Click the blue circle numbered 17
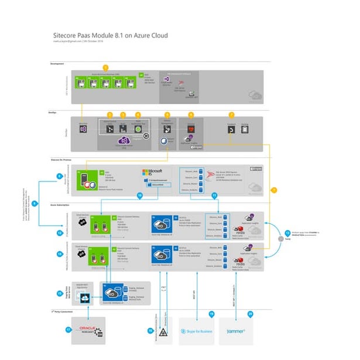tap(68, 330)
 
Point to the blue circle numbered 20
tap(251, 314)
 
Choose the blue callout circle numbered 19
tap(212, 314)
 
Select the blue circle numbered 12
tap(60, 232)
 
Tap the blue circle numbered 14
tap(60, 255)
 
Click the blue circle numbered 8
tap(59, 176)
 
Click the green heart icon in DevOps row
tap(190, 128)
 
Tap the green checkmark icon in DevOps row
tap(139, 129)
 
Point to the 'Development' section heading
tap(57, 63)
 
